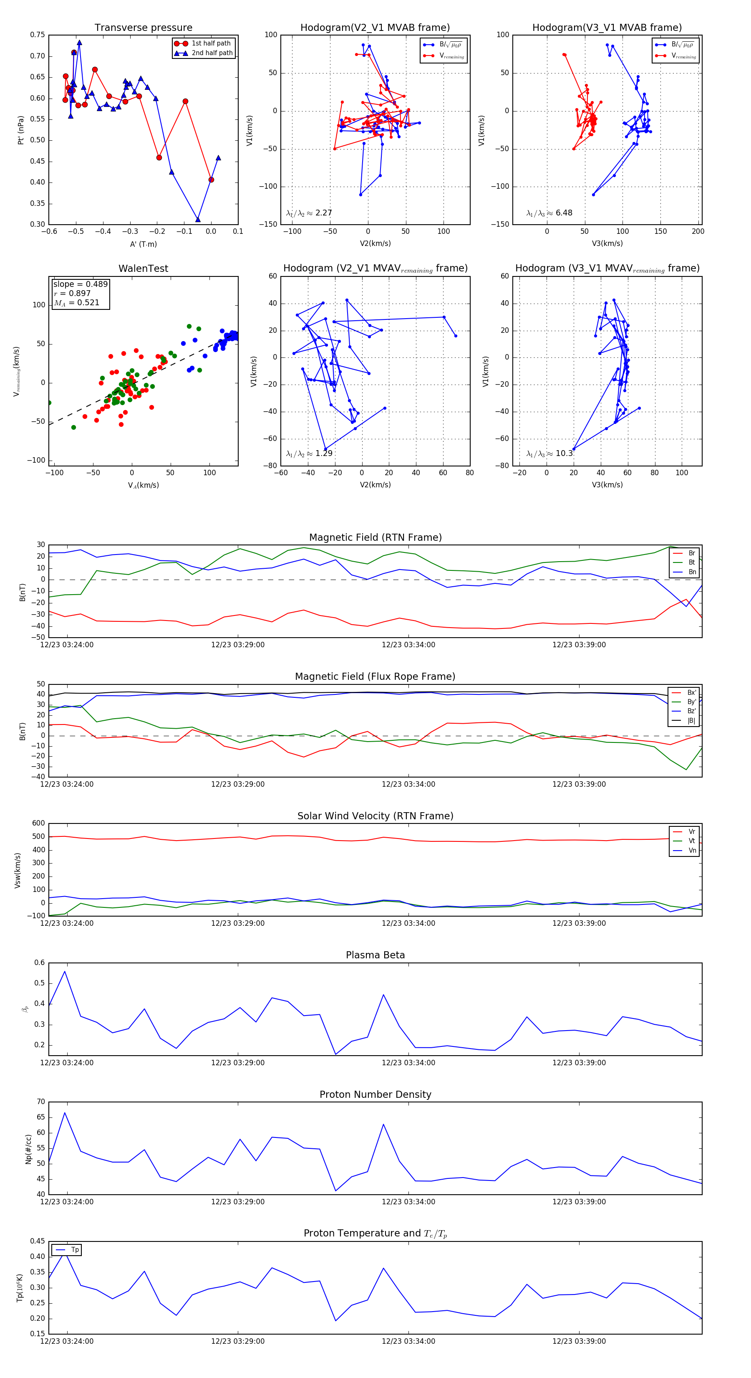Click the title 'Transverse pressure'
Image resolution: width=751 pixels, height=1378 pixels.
143,28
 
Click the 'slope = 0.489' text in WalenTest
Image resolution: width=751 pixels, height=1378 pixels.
80,284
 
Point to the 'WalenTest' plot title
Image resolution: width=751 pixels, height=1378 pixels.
143,269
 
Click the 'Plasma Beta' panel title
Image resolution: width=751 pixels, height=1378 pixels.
375,955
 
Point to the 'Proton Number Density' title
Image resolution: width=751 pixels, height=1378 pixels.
375,1094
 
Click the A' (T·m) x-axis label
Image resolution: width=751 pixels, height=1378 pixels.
143,244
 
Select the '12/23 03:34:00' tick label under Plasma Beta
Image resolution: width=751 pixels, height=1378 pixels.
408,1062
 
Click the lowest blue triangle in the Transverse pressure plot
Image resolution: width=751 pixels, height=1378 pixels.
198,219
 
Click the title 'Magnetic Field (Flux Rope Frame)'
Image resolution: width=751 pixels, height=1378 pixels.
375,677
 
